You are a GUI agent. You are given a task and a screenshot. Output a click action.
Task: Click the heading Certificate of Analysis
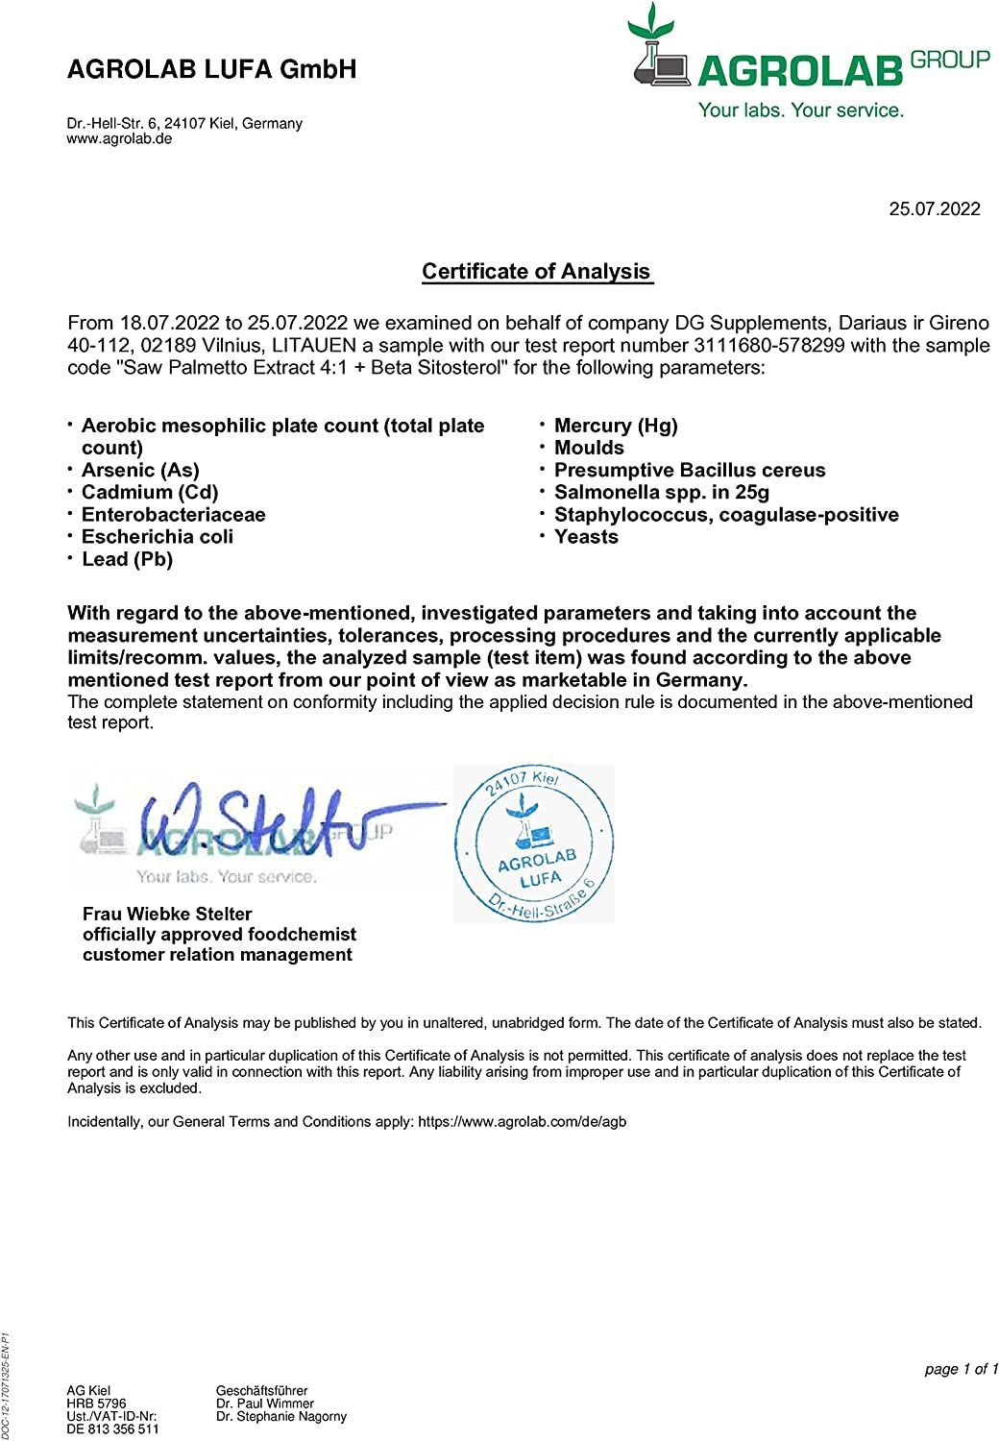tap(537, 272)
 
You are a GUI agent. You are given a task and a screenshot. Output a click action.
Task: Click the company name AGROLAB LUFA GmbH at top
tap(212, 69)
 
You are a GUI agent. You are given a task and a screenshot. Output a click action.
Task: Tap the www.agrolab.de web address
tap(119, 138)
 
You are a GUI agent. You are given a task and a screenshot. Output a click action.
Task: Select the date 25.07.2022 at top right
tap(935, 209)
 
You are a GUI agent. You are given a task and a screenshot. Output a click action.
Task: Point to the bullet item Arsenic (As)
tap(140, 470)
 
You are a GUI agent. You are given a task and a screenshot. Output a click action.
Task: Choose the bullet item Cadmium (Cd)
tap(150, 492)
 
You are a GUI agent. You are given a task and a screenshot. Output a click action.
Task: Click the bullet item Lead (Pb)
tap(127, 559)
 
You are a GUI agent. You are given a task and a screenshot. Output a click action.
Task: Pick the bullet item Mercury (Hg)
tap(616, 426)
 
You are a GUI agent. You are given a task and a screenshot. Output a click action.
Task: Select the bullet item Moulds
tap(589, 448)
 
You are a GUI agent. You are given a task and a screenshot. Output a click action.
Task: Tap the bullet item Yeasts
tap(586, 537)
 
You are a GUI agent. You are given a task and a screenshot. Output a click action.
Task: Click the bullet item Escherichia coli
tap(158, 537)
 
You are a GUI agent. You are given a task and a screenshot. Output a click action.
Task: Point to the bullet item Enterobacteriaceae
tap(174, 515)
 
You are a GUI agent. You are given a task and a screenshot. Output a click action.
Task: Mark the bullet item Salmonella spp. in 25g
tap(662, 493)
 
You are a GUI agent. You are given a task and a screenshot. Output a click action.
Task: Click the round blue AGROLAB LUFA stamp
tap(533, 844)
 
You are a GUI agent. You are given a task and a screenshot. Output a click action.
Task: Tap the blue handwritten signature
tap(259, 821)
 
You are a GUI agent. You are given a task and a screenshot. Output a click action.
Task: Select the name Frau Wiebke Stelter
tap(167, 914)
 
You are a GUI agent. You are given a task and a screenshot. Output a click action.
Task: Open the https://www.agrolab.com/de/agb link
tap(523, 1121)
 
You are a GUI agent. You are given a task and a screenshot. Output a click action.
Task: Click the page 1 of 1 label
tap(962, 1369)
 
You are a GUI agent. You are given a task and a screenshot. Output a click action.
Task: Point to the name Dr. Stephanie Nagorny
tap(281, 1416)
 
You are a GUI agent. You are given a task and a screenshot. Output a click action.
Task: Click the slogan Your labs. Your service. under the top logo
tap(801, 110)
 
